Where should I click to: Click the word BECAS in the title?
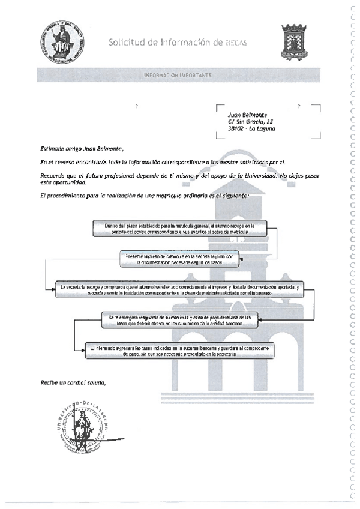click(x=236, y=43)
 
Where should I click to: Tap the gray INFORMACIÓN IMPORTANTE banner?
click(x=177, y=76)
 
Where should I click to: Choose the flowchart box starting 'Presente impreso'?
click(x=180, y=259)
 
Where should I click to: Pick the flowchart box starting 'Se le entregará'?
click(x=179, y=319)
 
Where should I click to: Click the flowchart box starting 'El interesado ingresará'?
click(x=179, y=351)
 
